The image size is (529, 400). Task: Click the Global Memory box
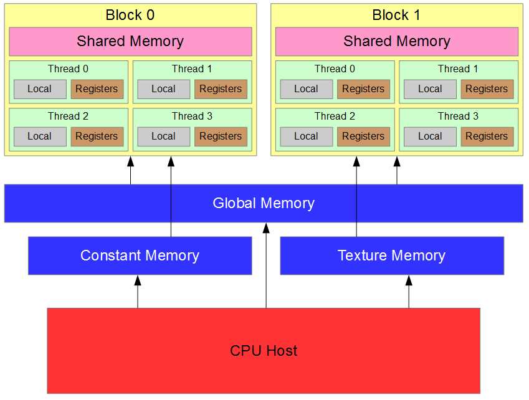(264, 203)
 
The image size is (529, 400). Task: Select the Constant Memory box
(140, 255)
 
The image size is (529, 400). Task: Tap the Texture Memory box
(391, 255)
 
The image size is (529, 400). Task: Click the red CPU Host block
(264, 350)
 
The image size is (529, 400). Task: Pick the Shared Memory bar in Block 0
(130, 42)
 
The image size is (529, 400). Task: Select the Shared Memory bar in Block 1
(397, 42)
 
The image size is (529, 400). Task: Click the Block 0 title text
(130, 15)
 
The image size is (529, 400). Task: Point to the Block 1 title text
(397, 15)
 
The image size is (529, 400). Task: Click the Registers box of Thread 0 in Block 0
(97, 89)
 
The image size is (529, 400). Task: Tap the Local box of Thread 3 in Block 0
(163, 136)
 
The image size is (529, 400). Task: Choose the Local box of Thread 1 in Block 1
(430, 89)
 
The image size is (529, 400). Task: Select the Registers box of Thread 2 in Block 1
(363, 136)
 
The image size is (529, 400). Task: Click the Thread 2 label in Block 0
(68, 116)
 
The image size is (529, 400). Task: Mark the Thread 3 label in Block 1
(458, 116)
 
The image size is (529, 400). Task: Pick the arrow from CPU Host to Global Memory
(266, 268)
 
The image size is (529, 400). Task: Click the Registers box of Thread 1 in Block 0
(221, 89)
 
